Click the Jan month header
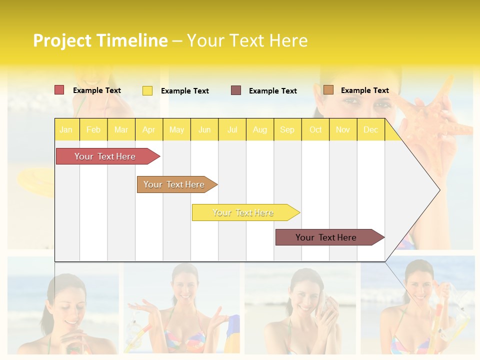[x=66, y=129]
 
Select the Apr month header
[x=148, y=129]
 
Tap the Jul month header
[x=232, y=129]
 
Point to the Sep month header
[x=287, y=129]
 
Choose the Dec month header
[x=370, y=129]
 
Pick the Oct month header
[x=315, y=129]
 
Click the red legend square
[x=59, y=90]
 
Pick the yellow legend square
[x=147, y=90]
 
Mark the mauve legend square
[x=236, y=90]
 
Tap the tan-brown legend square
[x=328, y=90]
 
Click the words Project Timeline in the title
[x=100, y=40]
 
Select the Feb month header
[x=93, y=129]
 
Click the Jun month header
[x=204, y=129]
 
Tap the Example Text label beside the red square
[x=97, y=90]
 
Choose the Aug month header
[x=259, y=129]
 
